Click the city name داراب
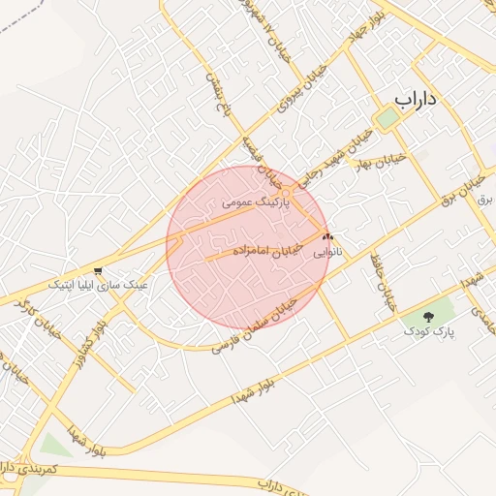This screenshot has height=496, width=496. pos(418,99)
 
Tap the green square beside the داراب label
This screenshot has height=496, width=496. pos(387,118)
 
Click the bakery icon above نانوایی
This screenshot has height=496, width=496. pos(327,235)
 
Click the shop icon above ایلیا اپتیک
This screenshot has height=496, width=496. pos(98,269)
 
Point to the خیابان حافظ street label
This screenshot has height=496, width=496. pos(384,282)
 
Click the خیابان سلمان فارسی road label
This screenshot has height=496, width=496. pos(267,325)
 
